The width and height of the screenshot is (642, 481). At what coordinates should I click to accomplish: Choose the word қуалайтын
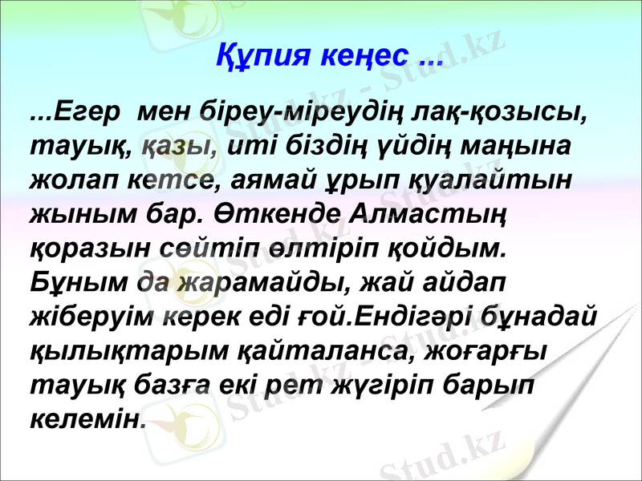[x=491, y=181]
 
